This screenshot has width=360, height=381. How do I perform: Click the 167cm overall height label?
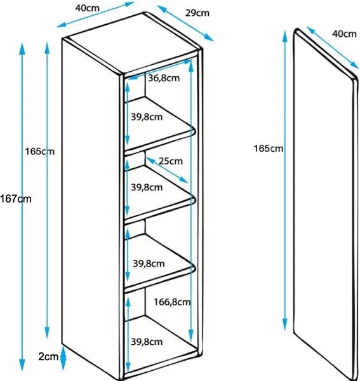16,199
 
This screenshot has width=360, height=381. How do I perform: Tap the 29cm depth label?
197,13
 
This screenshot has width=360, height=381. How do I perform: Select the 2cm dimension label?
48,357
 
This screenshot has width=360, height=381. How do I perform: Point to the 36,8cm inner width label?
164,78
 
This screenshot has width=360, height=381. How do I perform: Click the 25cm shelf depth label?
171,161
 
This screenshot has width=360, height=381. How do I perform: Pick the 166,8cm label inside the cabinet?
172,302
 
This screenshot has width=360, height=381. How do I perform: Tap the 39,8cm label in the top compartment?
147,117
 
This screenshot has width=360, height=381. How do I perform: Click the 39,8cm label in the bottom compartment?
147,342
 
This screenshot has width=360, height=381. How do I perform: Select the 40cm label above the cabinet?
88,8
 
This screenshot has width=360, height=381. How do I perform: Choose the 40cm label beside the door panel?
345,34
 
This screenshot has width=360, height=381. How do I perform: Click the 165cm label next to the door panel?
269,148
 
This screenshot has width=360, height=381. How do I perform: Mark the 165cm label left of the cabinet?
40,151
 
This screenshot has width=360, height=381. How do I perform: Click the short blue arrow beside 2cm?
63,358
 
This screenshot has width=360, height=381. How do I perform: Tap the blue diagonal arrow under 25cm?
168,170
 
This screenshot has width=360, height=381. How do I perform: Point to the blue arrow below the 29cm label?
185,23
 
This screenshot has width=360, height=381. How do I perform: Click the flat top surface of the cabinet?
133,43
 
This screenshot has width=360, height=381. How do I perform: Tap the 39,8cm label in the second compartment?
147,187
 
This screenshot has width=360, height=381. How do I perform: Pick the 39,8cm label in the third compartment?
149,264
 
